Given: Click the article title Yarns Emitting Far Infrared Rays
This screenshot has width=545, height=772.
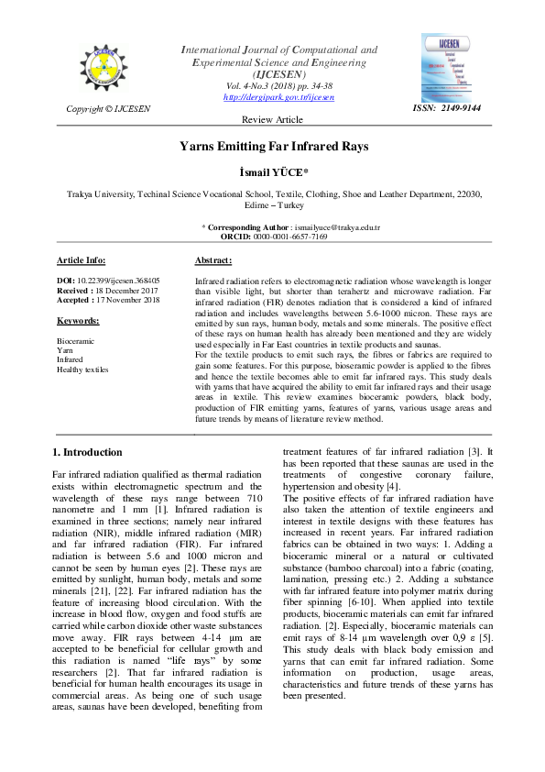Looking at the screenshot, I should [272, 146].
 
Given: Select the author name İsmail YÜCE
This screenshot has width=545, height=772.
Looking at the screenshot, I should [272, 172].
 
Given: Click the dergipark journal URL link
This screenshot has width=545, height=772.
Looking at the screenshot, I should [278, 96].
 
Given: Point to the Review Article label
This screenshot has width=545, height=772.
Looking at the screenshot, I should [271, 120].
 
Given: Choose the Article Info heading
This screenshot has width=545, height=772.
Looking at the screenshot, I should [81, 260].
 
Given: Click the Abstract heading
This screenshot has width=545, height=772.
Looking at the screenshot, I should [218, 260].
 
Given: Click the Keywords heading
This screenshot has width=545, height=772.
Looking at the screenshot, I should [78, 321].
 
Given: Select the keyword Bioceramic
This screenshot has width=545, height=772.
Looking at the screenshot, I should [75, 340].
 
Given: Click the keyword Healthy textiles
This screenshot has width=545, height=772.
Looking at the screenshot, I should [82, 369].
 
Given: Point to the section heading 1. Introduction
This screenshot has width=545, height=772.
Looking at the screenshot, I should [87, 452].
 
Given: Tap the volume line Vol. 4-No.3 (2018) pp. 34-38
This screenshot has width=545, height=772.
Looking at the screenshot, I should [278, 85].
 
